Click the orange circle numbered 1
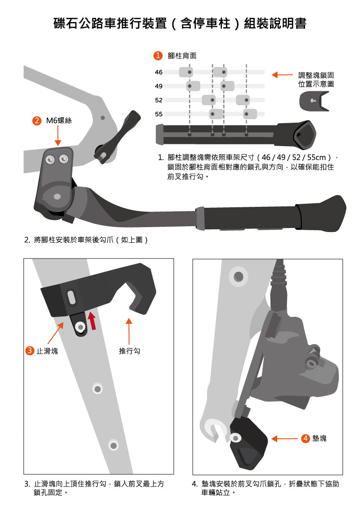[x=158, y=55]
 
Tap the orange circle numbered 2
[x=37, y=121]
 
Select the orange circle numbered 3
[x=30, y=351]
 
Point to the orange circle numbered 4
[x=306, y=438]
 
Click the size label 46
[x=158, y=72]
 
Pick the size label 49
[x=158, y=86]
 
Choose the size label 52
[x=158, y=100]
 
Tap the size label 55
[x=158, y=114]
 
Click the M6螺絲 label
[x=59, y=121]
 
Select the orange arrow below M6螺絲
[x=58, y=136]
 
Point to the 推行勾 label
[x=129, y=351]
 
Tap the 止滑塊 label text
[x=47, y=351]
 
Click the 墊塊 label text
[x=319, y=438]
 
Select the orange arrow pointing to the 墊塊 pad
[x=284, y=438]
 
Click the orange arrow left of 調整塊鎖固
[x=282, y=75]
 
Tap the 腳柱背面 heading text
[x=182, y=56]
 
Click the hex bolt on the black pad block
[x=235, y=438]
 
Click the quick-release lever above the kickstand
[x=117, y=136]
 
